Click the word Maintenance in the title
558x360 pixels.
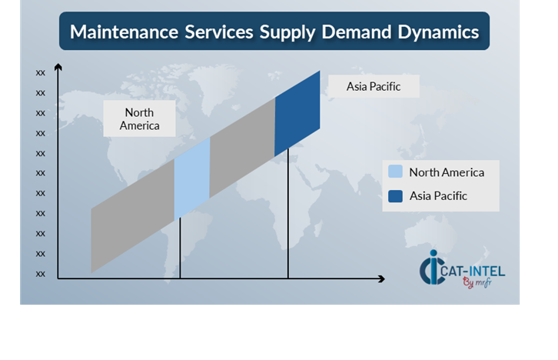point(125,32)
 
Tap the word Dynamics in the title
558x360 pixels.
point(438,33)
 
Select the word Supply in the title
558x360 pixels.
point(287,33)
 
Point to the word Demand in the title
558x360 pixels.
point(356,32)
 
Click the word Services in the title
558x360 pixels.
point(219,32)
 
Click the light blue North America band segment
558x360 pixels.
point(192,178)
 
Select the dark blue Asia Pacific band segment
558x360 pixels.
point(297,114)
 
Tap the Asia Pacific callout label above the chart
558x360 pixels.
point(374,86)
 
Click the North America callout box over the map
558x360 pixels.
point(140,118)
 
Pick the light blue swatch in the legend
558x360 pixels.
point(395,172)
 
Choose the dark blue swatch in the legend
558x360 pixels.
point(395,196)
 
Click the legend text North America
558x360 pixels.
point(447,172)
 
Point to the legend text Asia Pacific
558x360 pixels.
point(438,196)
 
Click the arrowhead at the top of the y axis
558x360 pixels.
point(58,67)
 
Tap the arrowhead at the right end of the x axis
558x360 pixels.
point(381,278)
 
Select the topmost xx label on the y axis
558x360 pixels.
point(40,73)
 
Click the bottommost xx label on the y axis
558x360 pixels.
point(40,274)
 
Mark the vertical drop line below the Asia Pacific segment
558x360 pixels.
point(288,213)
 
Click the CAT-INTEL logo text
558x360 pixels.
point(473,272)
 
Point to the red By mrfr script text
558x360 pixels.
point(477,283)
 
